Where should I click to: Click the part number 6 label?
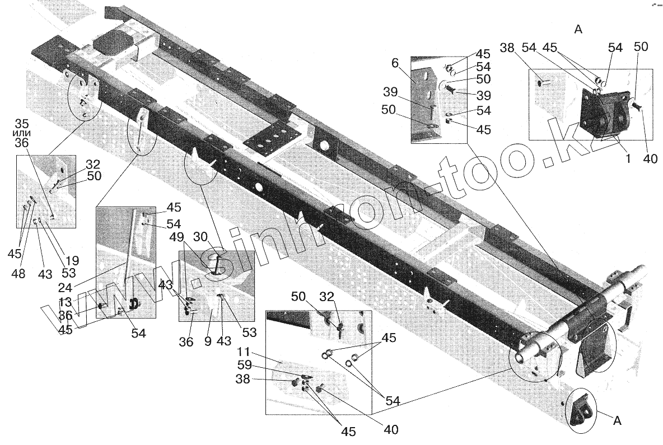pyautogui.click(x=395, y=64)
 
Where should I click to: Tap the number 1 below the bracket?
pyautogui.click(x=628, y=159)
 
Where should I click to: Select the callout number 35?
pyautogui.click(x=22, y=123)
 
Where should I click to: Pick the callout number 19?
pyautogui.click(x=72, y=260)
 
